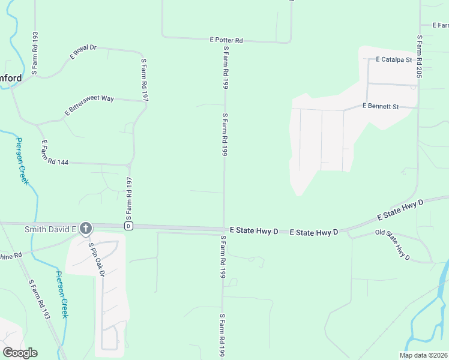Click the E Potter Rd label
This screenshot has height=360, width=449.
226,40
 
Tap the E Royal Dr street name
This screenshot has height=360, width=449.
83,52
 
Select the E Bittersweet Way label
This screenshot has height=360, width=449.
89,106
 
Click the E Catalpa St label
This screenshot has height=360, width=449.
393,60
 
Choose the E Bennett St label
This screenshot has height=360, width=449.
381,106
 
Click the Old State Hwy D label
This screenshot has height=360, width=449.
393,245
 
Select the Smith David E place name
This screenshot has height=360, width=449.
50,229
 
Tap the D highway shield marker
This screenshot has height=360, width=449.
128,226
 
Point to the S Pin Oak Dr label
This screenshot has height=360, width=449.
97,259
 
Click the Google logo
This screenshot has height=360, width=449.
20,352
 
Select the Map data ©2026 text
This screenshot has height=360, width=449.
423,355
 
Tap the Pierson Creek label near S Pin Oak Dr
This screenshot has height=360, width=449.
63,294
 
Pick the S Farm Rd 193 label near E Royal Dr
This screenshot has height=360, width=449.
34,53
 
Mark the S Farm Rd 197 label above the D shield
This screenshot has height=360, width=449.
128,199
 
